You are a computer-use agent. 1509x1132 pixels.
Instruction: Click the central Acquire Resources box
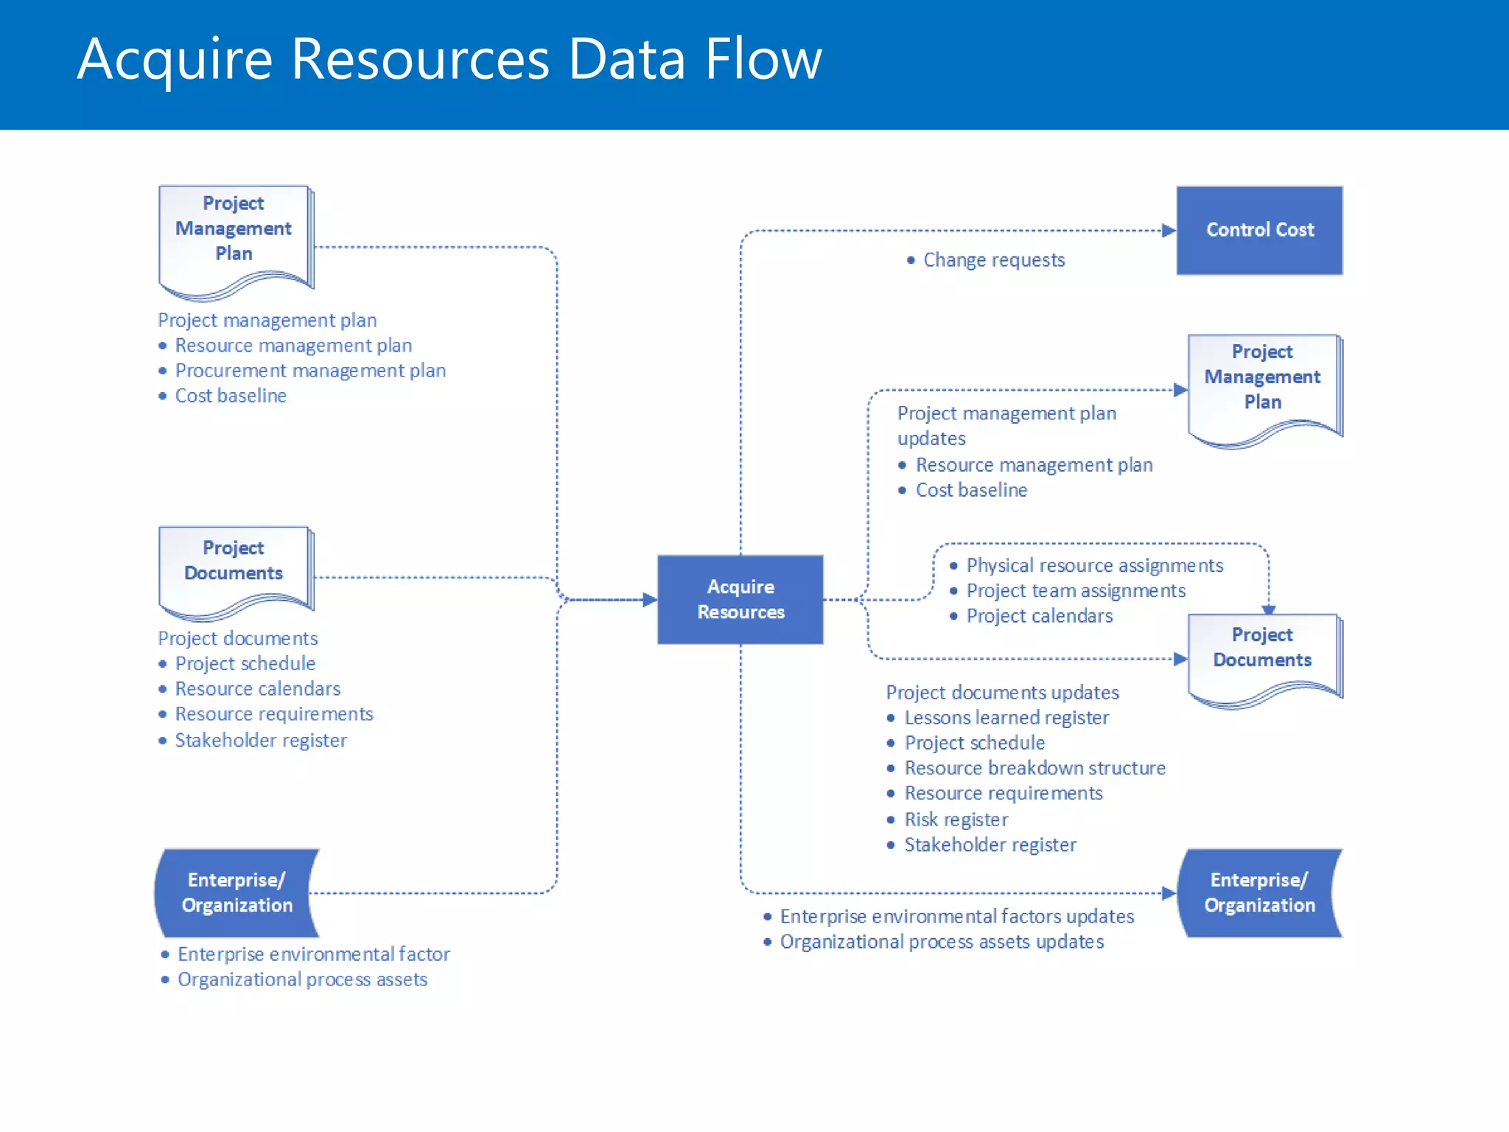click(x=740, y=599)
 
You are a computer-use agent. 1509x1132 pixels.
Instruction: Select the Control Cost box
click(x=1259, y=230)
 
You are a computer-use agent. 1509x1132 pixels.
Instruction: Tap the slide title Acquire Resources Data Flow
click(x=449, y=59)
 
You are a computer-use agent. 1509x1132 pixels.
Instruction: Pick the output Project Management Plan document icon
click(x=1263, y=386)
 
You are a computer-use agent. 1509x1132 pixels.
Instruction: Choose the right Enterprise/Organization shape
click(x=1259, y=892)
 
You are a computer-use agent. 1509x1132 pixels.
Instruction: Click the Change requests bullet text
click(x=993, y=260)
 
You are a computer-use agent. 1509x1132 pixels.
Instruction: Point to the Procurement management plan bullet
click(x=310, y=371)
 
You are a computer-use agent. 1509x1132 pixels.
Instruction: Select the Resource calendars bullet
click(x=258, y=689)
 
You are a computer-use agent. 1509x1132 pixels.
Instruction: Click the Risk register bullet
click(x=956, y=820)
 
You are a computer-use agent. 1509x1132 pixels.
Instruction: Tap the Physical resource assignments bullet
click(x=1094, y=566)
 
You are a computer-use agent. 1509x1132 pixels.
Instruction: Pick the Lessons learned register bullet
click(x=1006, y=718)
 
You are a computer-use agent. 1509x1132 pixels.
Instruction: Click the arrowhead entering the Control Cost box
click(x=1169, y=231)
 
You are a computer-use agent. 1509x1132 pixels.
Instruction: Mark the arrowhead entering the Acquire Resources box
click(x=649, y=600)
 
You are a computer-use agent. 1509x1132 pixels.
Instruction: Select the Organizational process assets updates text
click(x=942, y=942)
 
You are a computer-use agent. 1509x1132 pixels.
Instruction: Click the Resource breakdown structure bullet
click(x=1034, y=769)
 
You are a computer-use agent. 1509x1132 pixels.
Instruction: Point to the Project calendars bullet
click(x=1039, y=616)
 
